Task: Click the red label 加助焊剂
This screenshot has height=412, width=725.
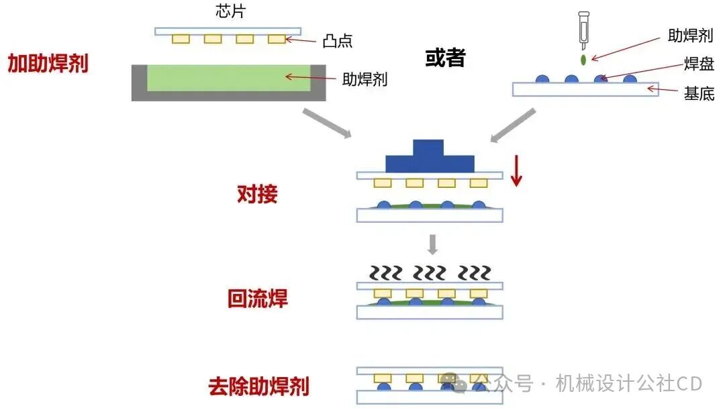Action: point(48,63)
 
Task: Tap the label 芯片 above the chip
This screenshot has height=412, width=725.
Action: point(230,11)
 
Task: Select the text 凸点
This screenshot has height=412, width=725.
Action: point(338,41)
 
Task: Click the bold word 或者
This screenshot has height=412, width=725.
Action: point(445,58)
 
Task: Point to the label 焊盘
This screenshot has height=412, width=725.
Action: point(699,64)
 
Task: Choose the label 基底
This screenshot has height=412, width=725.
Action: point(699,94)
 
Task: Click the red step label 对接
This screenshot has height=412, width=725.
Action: point(258,194)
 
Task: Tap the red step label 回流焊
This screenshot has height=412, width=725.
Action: point(258,298)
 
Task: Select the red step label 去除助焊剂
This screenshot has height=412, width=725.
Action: point(259,386)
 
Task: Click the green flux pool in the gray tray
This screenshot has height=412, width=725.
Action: point(229,78)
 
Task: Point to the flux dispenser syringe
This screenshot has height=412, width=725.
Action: point(583,30)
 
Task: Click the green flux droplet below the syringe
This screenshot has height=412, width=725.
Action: point(583,60)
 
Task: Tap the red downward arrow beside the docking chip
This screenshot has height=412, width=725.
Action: point(516,170)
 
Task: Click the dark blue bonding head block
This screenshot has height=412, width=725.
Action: point(430,156)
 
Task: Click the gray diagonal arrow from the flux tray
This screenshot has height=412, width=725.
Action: point(327,123)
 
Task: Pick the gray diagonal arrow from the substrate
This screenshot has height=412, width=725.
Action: point(513,125)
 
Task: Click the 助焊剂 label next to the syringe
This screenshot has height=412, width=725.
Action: point(690,35)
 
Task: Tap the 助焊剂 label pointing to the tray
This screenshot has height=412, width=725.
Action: point(365,80)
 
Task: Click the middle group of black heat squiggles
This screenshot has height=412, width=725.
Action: point(430,273)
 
